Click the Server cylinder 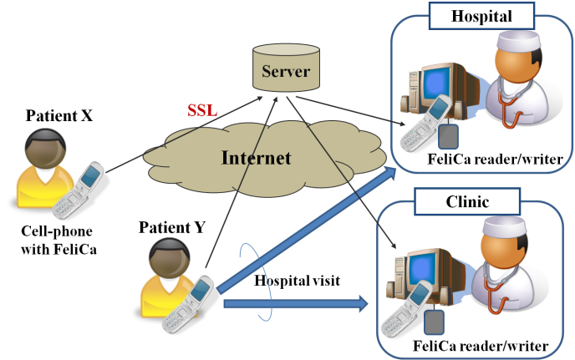coord(286,68)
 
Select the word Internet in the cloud coord(256,158)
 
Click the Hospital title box coord(481,16)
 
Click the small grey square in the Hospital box coord(449,139)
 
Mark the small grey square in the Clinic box coord(434,322)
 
